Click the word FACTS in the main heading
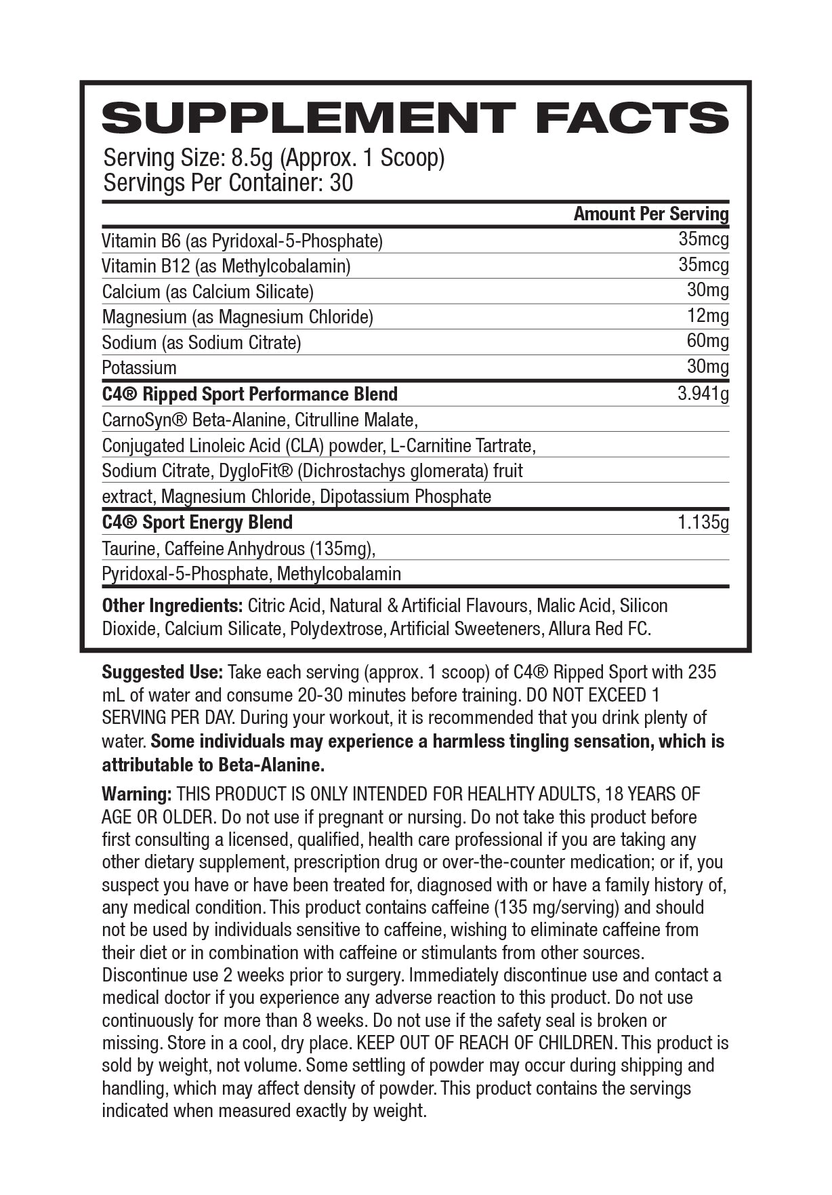631,118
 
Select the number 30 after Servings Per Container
341,183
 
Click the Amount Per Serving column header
650,214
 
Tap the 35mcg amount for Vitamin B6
703,239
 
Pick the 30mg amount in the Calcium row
707,290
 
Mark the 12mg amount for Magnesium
707,316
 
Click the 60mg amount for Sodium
707,341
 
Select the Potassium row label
139,368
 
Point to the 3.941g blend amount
703,394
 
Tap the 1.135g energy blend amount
703,523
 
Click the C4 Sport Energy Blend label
197,523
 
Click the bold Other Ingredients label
172,605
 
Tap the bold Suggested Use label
162,672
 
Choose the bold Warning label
136,794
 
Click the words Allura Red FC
599,629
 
